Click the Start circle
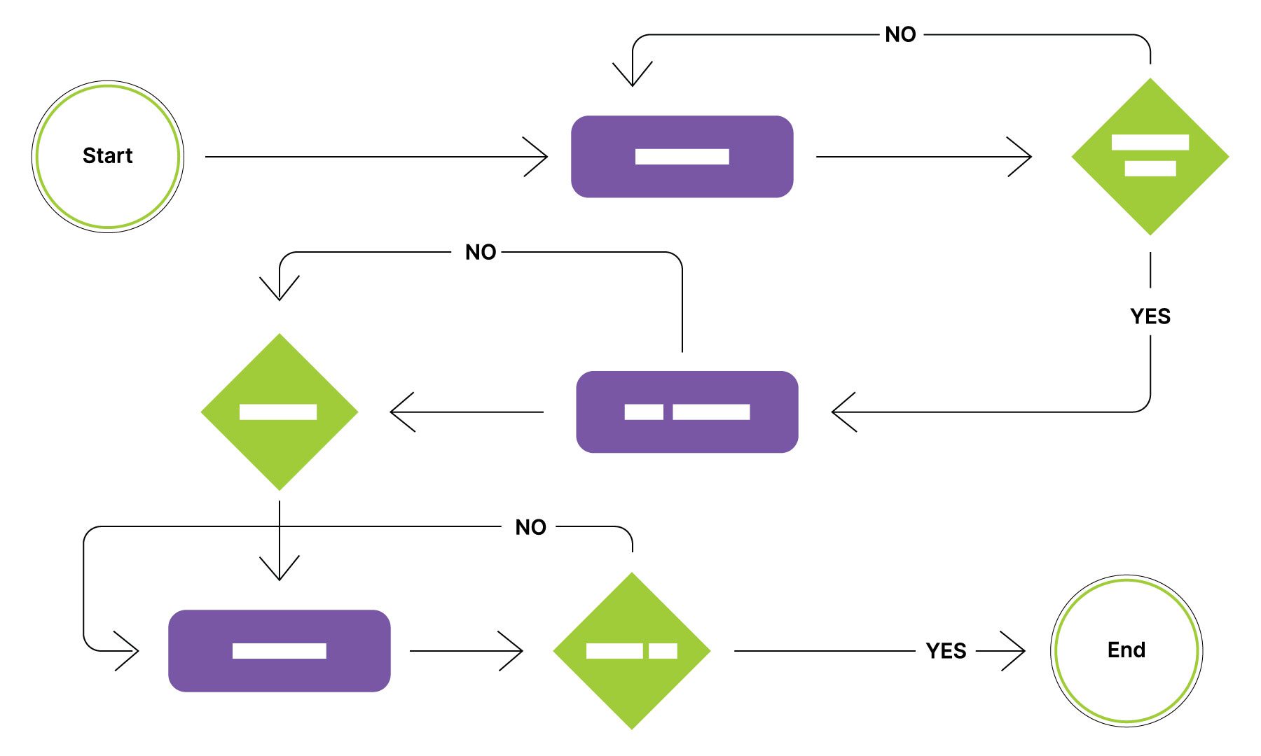[107, 156]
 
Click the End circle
[1126, 650]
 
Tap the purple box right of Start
[682, 156]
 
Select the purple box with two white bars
[687, 412]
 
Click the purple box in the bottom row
[279, 650]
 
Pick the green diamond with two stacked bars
[1150, 156]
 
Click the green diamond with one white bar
[279, 412]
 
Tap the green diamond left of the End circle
[631, 650]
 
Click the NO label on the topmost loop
[900, 34]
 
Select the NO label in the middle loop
[481, 252]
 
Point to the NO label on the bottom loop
[530, 527]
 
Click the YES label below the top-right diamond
[1150, 316]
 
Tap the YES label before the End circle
[946, 651]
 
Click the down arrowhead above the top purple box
[632, 77]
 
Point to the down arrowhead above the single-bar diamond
[280, 291]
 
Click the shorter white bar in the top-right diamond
[1150, 168]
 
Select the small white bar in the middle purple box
[643, 412]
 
